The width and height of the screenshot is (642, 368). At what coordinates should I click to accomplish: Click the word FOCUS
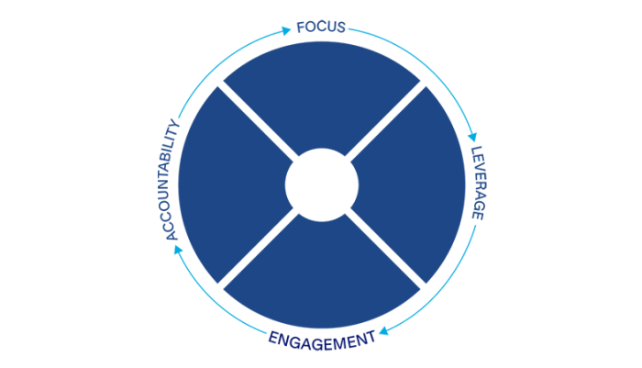[321, 27]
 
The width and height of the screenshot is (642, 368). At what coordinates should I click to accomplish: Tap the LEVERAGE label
[478, 183]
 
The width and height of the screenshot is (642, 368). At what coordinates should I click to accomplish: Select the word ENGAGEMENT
[322, 341]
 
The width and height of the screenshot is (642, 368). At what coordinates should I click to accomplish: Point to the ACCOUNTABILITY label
[172, 180]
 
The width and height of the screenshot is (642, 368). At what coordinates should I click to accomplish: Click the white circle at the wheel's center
[322, 184]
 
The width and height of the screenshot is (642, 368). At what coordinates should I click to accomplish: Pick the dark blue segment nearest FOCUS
[322, 95]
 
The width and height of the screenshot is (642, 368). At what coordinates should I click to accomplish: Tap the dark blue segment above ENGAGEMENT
[322, 275]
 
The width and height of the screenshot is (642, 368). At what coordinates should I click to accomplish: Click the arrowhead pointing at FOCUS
[286, 30]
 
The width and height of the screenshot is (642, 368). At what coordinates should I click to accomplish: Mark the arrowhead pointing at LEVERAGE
[473, 137]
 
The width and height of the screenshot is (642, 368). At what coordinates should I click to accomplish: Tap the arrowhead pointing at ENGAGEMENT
[383, 330]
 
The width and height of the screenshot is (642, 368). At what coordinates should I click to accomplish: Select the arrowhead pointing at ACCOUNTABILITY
[178, 250]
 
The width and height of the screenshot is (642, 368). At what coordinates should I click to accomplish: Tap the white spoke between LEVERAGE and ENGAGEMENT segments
[386, 249]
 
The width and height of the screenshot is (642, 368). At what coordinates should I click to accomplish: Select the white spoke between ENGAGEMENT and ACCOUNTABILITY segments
[258, 249]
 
